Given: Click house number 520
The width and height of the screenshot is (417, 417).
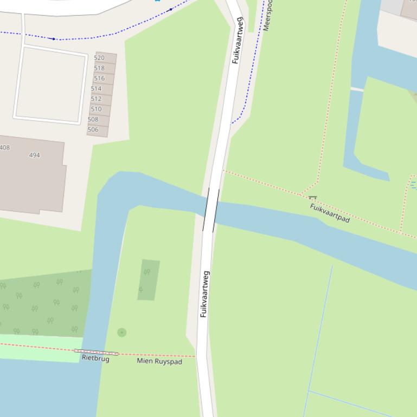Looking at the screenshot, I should point(99,58).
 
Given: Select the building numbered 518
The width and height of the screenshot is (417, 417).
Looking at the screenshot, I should point(99,68).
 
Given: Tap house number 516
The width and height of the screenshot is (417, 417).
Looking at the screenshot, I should point(99,79).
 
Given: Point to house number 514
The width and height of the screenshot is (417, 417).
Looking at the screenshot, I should point(96,89).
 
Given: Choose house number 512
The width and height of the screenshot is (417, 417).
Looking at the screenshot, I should point(96,99).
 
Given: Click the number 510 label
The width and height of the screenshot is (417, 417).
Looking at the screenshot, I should point(96,109).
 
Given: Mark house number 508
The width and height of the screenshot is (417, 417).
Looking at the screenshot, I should point(93,120).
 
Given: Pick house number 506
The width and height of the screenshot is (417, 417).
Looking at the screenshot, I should point(93,130).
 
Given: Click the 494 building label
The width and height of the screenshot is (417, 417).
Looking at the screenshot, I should point(34,155).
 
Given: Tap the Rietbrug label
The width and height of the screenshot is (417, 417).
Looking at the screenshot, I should point(95,359).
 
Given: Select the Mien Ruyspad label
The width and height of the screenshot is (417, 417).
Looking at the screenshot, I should point(159,361).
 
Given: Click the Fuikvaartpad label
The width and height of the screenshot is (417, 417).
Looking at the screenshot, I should point(330,213).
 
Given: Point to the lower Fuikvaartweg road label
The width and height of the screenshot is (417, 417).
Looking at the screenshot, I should point(204,294).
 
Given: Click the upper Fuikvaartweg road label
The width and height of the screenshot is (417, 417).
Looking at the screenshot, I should point(238,41).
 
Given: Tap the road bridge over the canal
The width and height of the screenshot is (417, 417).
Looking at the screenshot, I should point(211,210).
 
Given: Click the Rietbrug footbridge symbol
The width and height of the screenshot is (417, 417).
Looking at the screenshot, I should point(96,353).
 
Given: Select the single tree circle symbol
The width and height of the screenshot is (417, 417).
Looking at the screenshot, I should point(121,333).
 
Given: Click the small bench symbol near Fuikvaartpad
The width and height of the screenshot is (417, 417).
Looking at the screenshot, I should point(312,199).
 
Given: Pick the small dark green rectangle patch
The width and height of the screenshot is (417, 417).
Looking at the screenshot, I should point(149,279).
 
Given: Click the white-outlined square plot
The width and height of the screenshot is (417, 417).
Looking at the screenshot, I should point(50,84).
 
